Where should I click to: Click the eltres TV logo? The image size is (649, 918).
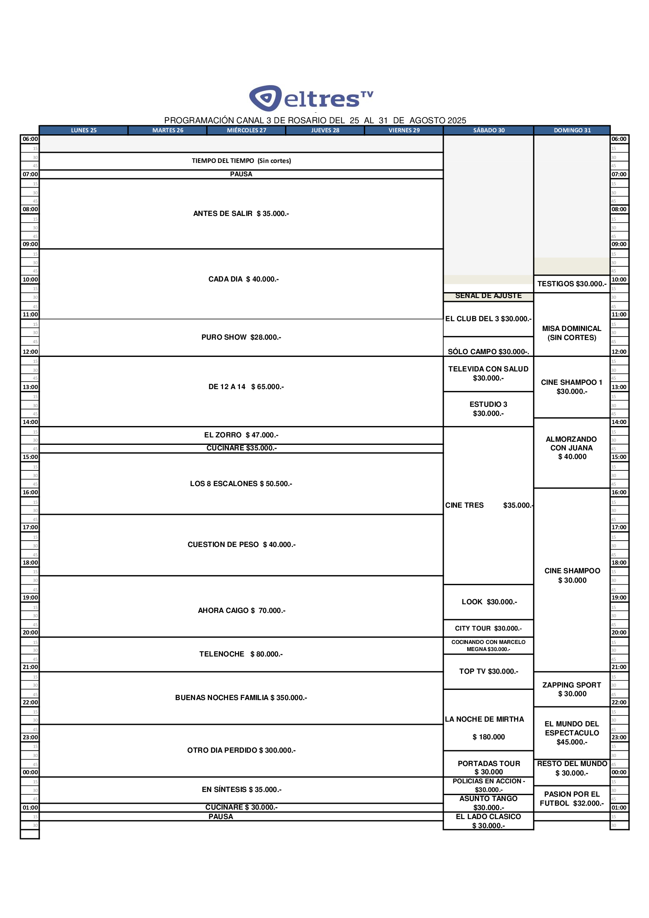click(311, 98)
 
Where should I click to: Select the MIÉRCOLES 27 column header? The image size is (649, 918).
click(246, 130)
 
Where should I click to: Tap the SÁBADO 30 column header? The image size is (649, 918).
click(489, 130)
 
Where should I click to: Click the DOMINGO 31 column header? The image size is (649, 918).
click(572, 130)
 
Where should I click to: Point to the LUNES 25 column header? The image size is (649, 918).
click(84, 130)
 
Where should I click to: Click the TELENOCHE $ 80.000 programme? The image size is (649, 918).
click(241, 654)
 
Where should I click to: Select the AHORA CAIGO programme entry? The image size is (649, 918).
click(241, 611)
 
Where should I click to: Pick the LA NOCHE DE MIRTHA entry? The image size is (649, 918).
click(484, 719)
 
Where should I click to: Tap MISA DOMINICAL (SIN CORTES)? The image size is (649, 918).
click(571, 333)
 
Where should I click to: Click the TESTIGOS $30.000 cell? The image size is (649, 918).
click(571, 284)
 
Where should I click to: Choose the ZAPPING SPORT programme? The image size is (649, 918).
click(571, 689)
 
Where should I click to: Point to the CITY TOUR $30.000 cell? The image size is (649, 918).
click(488, 629)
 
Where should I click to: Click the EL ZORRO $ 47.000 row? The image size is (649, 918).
click(241, 435)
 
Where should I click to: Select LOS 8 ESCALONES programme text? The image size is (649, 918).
click(241, 484)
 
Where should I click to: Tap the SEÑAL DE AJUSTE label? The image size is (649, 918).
click(488, 296)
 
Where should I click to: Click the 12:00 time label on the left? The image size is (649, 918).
click(30, 352)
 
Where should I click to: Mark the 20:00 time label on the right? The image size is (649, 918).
click(619, 633)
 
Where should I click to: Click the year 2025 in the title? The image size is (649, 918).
click(457, 121)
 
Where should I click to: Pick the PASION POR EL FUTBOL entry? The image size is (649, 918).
click(571, 799)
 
